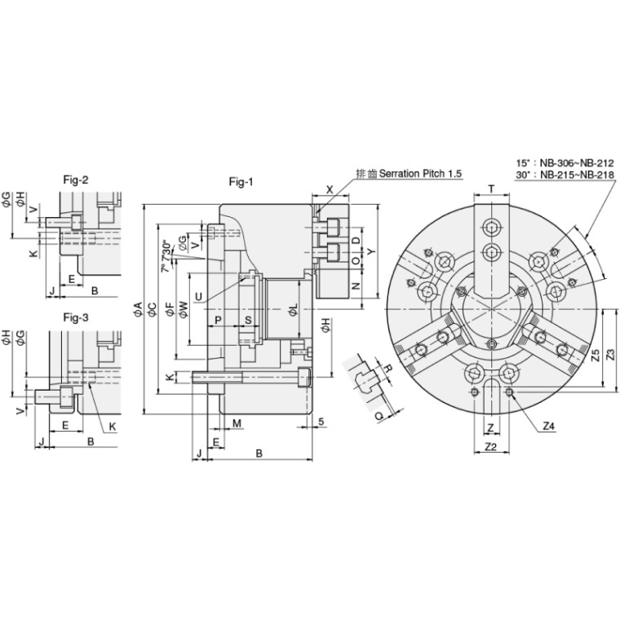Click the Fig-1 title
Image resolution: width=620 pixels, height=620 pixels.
(x=241, y=181)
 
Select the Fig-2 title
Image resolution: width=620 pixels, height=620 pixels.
(x=76, y=180)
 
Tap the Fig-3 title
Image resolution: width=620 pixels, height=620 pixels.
(x=76, y=317)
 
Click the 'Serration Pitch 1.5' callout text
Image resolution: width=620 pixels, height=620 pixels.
(x=420, y=173)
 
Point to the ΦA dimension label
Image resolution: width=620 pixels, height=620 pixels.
(x=137, y=309)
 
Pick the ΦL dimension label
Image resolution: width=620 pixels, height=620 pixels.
(x=293, y=310)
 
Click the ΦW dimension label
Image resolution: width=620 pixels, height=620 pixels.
(x=183, y=309)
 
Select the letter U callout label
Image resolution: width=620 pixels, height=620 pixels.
(x=199, y=297)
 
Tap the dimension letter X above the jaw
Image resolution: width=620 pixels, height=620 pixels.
(x=330, y=189)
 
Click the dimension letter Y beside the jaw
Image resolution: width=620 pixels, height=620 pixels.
(x=370, y=252)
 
